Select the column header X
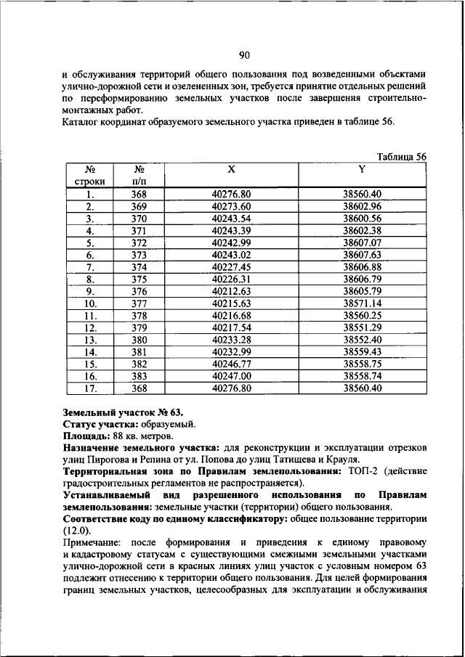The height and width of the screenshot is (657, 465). pos(231,169)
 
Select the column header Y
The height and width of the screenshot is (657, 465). pos(362,169)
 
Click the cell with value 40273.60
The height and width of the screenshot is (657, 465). pos(231,206)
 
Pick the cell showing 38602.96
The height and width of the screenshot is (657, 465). pos(362,206)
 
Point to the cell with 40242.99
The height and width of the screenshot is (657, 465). pos(231,243)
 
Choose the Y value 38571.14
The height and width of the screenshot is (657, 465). pos(362,304)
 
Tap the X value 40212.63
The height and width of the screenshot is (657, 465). pos(231,292)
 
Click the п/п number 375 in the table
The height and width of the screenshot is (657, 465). pos(139,279)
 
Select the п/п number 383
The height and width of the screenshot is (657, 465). pos(139,377)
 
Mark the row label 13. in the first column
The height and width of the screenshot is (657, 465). pos(91,340)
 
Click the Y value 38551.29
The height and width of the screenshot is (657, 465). pos(362,328)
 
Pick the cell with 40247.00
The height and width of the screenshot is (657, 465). pos(231,377)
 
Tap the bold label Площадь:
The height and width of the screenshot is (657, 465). pos(86,436)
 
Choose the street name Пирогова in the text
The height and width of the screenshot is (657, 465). pos(109,460)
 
